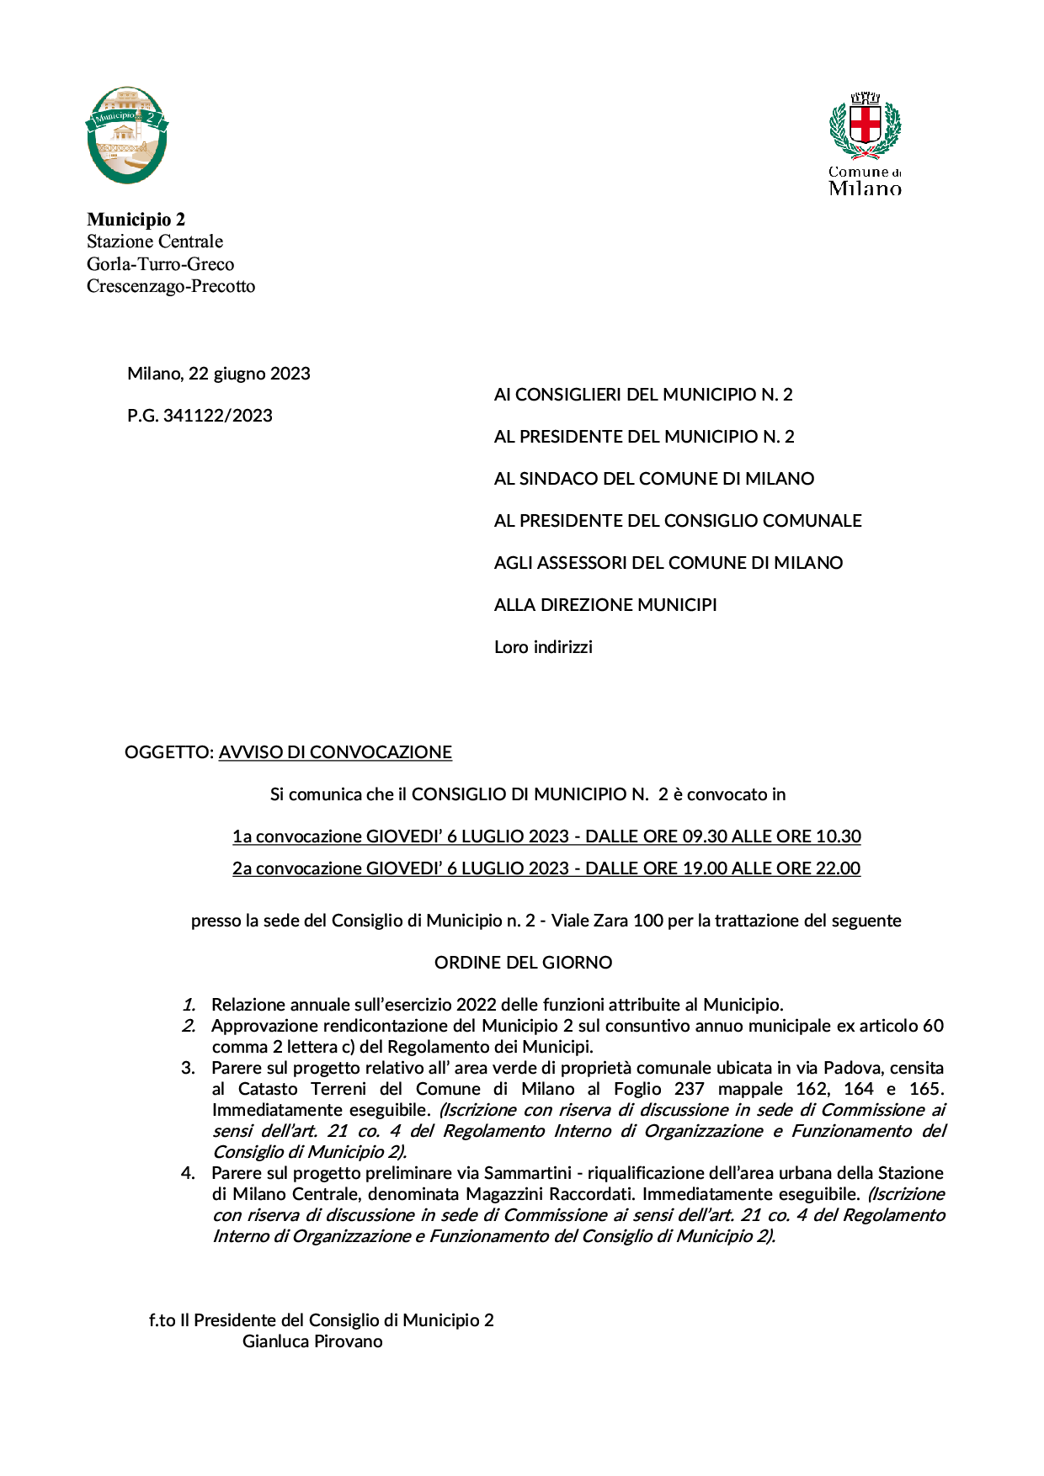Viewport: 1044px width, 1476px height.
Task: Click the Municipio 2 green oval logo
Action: (x=127, y=135)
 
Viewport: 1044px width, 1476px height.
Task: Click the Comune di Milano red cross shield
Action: (x=865, y=125)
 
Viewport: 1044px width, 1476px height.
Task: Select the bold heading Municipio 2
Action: (x=136, y=220)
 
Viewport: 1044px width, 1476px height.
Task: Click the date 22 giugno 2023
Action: (x=249, y=374)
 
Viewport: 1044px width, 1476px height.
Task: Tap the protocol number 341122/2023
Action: (x=217, y=416)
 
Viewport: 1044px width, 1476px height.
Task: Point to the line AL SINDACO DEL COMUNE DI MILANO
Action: (x=653, y=479)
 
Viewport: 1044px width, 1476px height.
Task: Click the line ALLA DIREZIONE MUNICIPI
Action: (x=605, y=605)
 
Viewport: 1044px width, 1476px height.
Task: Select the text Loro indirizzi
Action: (x=543, y=647)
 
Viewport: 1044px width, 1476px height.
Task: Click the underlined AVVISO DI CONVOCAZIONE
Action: (x=335, y=752)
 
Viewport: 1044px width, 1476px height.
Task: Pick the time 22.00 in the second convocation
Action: (x=838, y=868)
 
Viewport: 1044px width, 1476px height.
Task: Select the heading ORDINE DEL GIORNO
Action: (x=523, y=963)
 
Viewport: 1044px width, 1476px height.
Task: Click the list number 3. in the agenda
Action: (x=189, y=1068)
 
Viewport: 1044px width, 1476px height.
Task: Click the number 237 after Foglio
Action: (x=689, y=1089)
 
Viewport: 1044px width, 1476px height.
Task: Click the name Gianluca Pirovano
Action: (x=312, y=1341)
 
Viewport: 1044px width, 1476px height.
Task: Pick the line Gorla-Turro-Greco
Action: (x=160, y=264)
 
